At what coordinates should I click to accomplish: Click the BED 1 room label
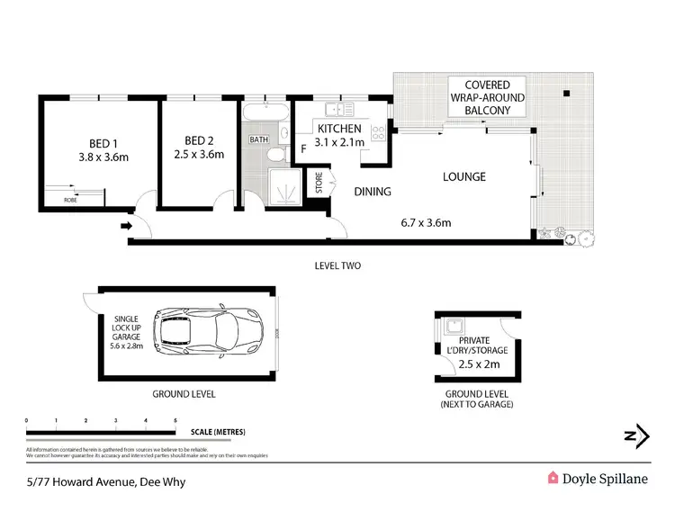click(101, 143)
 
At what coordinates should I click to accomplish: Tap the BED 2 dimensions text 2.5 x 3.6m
click(198, 154)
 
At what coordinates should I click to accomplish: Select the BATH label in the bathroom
click(258, 139)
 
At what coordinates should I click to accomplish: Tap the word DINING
click(372, 191)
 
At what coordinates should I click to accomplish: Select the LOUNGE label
click(463, 176)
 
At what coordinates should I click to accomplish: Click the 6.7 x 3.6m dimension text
click(425, 222)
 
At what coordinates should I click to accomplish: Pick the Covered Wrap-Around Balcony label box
click(487, 97)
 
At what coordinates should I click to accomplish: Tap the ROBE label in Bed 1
click(70, 200)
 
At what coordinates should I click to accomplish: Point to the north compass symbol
click(636, 436)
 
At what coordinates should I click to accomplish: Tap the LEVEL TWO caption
click(337, 265)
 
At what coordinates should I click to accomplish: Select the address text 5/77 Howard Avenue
click(80, 481)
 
